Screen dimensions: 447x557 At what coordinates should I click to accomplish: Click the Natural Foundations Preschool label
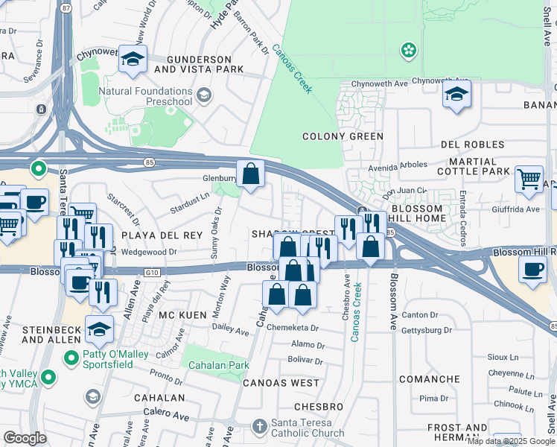[155, 97]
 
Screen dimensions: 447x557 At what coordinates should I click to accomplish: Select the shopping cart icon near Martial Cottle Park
[529, 180]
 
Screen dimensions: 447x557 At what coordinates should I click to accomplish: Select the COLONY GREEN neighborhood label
[343, 136]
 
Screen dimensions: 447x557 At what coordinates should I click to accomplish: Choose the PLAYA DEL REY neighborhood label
[162, 235]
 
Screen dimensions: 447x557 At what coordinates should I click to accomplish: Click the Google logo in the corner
[25, 437]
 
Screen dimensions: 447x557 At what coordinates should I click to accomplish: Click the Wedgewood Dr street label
[148, 252]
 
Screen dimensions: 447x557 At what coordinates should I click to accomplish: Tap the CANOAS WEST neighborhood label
[281, 383]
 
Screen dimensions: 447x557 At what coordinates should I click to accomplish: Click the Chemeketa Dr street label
[293, 328]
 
